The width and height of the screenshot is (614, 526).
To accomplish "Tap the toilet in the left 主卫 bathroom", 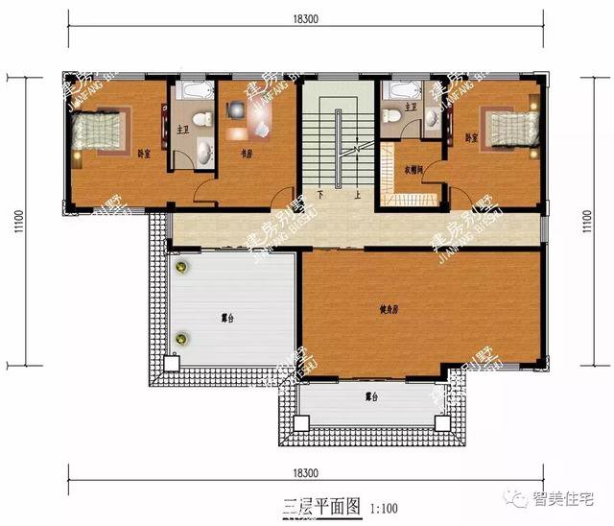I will pyautogui.click(x=200, y=119).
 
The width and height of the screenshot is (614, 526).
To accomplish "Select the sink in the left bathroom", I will pyautogui.click(x=204, y=150).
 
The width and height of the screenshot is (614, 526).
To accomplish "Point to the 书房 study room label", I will pyautogui.click(x=246, y=152).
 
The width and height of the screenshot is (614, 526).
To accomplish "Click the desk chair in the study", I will pyautogui.click(x=237, y=109).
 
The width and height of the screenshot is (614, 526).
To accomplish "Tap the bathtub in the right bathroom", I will pyautogui.click(x=400, y=91).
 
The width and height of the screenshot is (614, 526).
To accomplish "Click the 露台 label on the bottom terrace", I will pyautogui.click(x=370, y=395).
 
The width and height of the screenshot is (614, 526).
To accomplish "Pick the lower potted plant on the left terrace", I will pyautogui.click(x=179, y=337).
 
